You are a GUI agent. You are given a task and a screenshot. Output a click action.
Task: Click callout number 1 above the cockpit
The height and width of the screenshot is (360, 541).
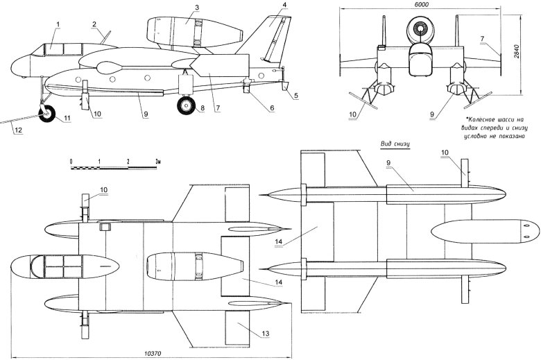click(59, 24)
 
